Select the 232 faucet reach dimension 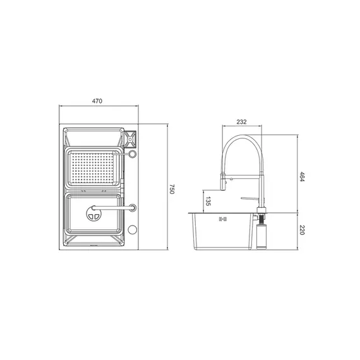click(x=241, y=122)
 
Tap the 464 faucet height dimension click(x=303, y=178)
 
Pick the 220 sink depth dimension click(x=303, y=230)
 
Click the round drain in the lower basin click(x=93, y=214)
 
